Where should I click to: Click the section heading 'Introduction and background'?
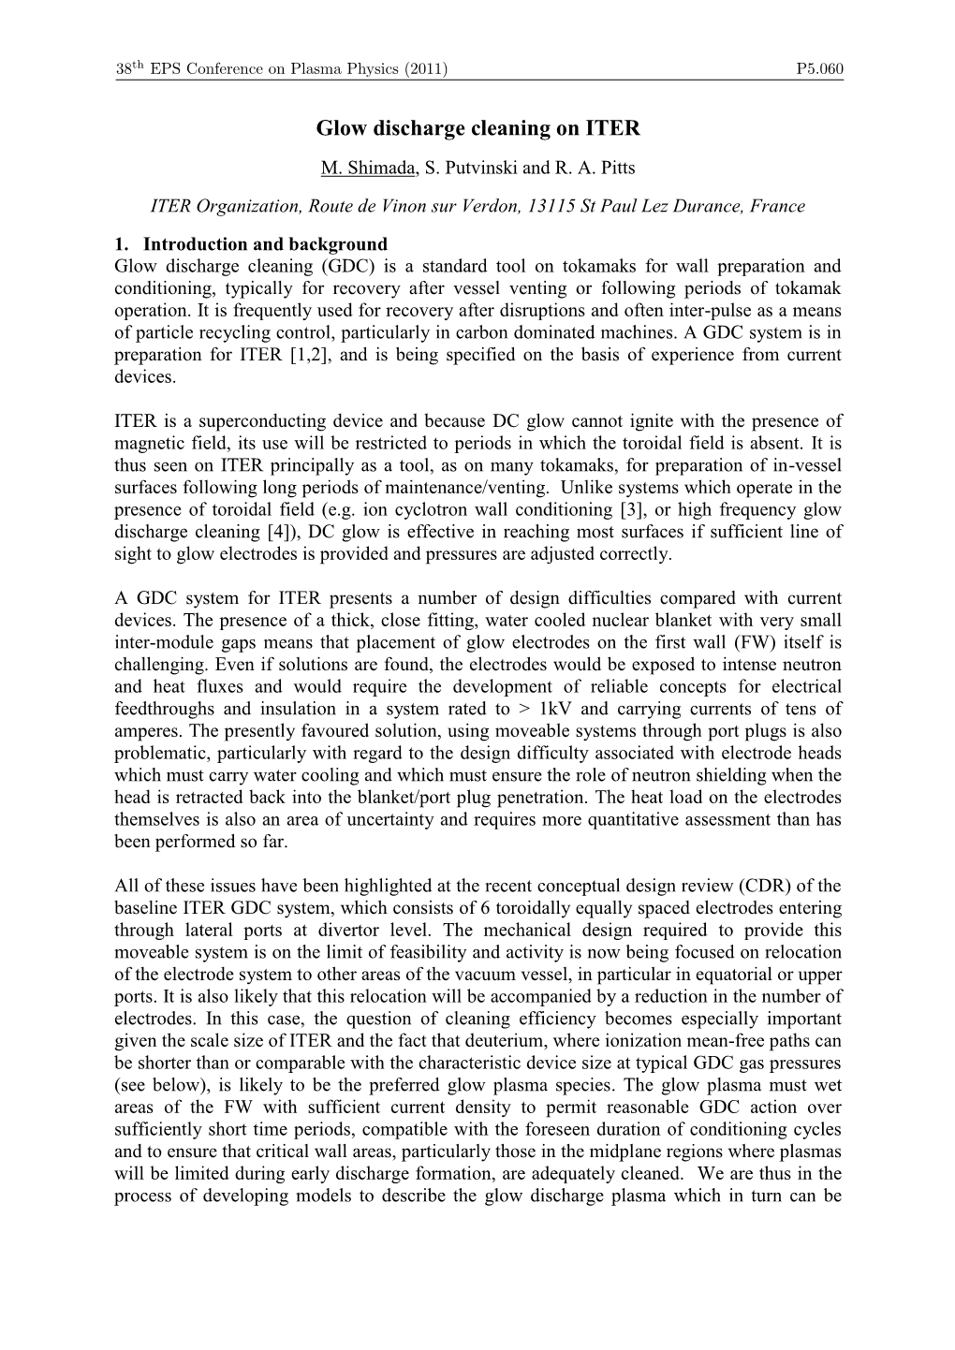(265, 245)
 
